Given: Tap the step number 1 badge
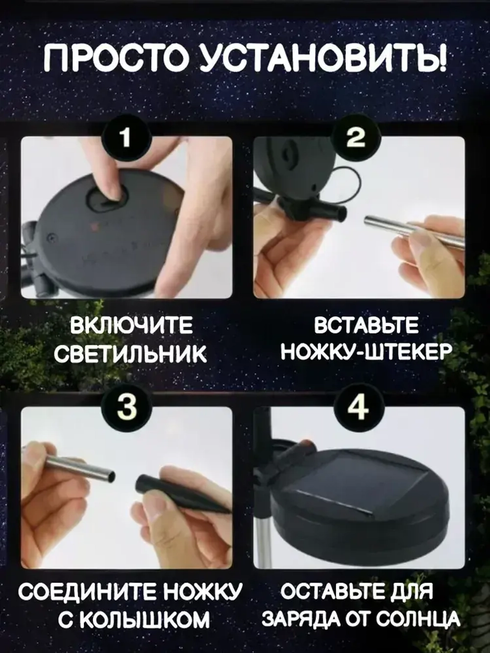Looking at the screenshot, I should click(126, 139).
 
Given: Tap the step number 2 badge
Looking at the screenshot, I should click(356, 139).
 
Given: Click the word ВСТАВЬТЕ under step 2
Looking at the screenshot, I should click(366, 326).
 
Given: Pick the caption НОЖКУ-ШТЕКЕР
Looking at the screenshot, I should click(366, 351).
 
